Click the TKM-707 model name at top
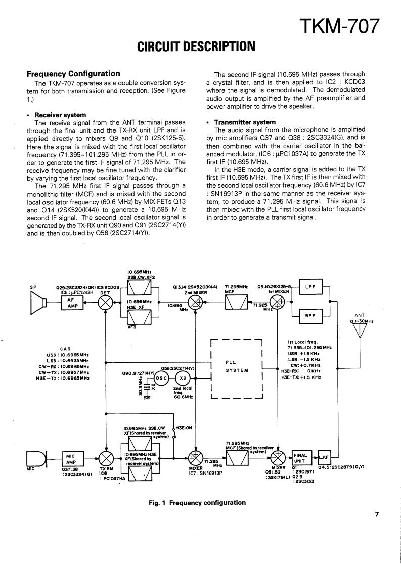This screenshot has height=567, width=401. pyautogui.click(x=339, y=24)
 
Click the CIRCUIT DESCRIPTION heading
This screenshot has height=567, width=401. pyautogui.click(x=196, y=47)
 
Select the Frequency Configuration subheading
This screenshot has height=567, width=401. pyautogui.click(x=73, y=74)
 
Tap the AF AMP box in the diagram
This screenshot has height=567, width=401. pyautogui.click(x=72, y=302)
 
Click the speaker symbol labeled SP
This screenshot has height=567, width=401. pyautogui.click(x=39, y=302)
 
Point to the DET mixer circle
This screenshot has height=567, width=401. pyautogui.click(x=106, y=302)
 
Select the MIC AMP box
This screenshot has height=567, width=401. pyautogui.click(x=71, y=459)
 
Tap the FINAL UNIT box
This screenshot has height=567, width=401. pyautogui.click(x=300, y=458)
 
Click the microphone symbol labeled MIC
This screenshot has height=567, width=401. pyautogui.click(x=35, y=459)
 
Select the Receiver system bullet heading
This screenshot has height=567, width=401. pyautogui.click(x=59, y=115)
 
